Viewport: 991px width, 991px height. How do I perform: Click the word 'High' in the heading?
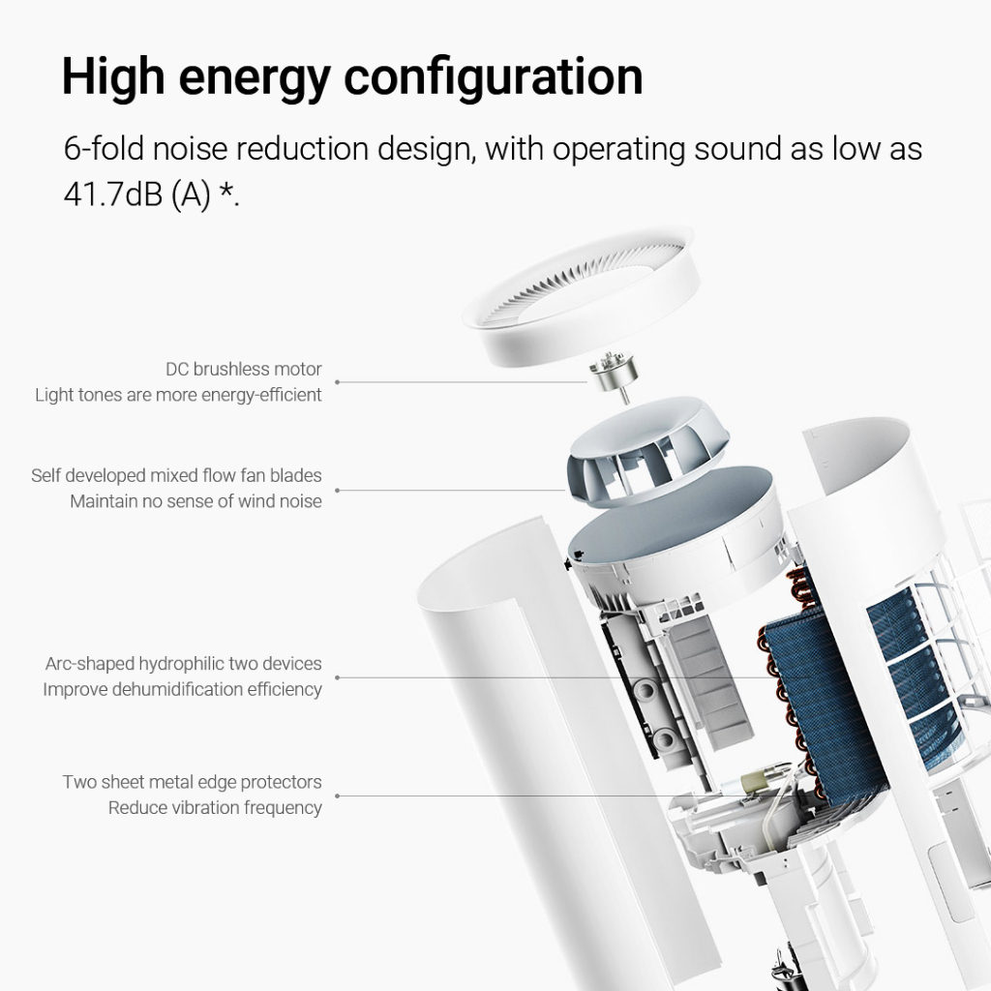pos(113,76)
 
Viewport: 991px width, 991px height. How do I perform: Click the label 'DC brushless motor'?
pos(243,369)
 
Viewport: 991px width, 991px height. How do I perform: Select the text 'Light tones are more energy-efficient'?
pos(178,395)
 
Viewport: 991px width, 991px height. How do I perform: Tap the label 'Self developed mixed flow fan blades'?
pos(176,475)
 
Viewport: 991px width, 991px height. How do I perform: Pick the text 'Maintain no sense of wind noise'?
pos(195,501)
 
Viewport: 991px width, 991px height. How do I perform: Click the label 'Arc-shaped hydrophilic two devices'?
pos(183,664)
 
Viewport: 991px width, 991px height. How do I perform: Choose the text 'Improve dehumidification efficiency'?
pos(182,689)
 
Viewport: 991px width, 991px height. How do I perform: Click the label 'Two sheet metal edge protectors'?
pos(193,782)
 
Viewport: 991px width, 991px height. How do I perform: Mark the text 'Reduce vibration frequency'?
pos(215,808)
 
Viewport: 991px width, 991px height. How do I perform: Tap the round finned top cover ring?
pos(581,296)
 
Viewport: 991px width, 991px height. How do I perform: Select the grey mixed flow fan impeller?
pos(647,451)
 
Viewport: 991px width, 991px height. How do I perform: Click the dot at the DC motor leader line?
pos(338,382)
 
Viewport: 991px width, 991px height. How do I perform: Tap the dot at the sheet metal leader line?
pos(338,796)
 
